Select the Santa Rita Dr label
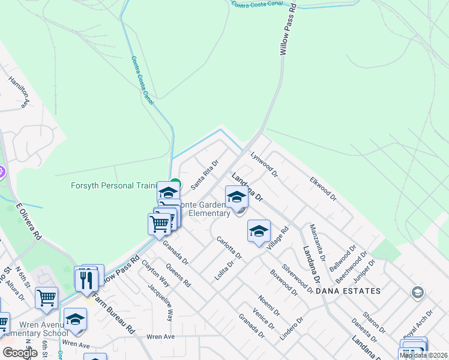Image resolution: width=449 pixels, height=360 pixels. [x=205, y=175]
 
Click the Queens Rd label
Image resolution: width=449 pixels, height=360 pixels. [x=178, y=275]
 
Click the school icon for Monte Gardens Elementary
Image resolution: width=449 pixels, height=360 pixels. [x=237, y=197]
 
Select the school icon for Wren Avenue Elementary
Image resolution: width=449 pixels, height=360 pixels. [x=76, y=319]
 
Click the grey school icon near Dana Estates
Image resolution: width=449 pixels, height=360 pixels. [x=417, y=293]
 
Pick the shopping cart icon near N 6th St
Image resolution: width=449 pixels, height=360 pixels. [x=46, y=298]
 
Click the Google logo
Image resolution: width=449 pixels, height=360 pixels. [x=20, y=353]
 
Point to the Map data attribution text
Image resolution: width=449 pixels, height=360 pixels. [x=423, y=355]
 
